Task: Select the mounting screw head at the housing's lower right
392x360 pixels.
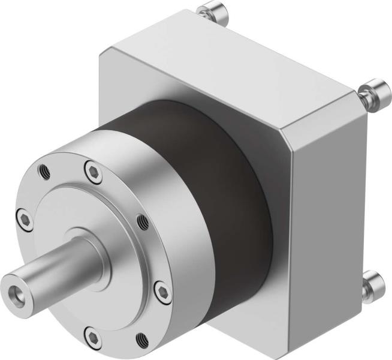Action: (372, 281)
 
